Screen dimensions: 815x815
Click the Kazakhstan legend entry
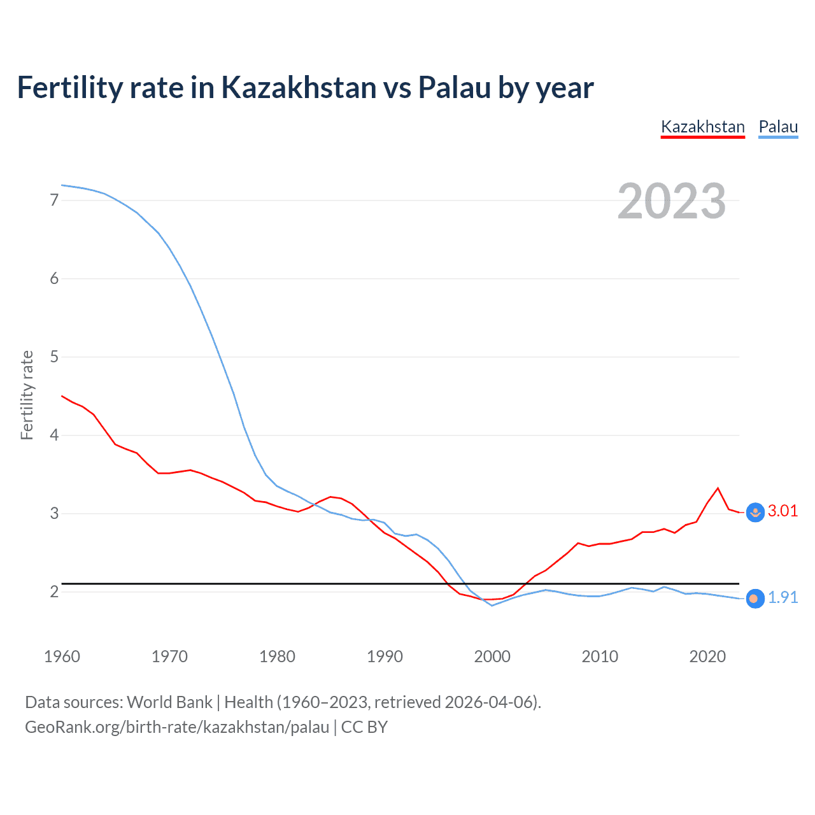tap(703, 127)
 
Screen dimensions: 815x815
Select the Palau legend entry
tap(778, 127)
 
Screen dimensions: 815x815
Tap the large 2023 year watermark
tap(672, 201)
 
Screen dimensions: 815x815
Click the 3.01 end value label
tap(783, 511)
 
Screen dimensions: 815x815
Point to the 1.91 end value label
tap(783, 598)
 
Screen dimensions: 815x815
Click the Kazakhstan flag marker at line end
tap(755, 513)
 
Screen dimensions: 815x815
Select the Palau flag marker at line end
tap(755, 599)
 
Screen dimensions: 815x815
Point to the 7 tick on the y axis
tap(54, 201)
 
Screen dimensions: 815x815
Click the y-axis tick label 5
tap(54, 357)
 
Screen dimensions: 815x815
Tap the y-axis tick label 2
tap(54, 592)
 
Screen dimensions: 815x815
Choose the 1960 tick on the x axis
tap(62, 656)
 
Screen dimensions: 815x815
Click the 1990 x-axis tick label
tap(385, 656)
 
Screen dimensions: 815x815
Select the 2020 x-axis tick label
tap(707, 656)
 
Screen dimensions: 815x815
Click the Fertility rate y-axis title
tap(27, 395)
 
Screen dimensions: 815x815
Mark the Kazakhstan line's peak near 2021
tap(718, 488)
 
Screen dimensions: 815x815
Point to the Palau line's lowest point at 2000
tap(492, 606)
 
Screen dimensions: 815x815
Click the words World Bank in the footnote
tap(169, 702)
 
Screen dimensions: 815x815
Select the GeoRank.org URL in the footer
tap(177, 727)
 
